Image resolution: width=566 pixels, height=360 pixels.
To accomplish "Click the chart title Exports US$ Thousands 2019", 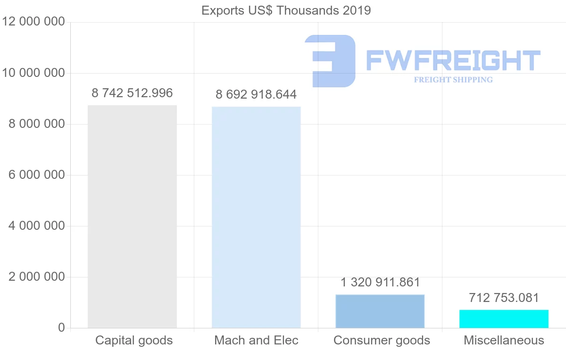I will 286,10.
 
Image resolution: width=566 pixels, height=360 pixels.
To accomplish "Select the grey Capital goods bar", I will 132,217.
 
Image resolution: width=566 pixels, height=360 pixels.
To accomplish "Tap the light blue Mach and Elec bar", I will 256,217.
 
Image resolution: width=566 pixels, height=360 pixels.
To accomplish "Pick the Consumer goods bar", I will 380,311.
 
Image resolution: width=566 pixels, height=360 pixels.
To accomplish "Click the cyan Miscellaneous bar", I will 504,319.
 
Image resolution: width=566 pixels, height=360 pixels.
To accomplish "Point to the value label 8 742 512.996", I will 132,93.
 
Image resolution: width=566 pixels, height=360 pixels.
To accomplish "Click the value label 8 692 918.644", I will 256,95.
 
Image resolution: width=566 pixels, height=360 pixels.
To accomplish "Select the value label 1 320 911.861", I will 380,283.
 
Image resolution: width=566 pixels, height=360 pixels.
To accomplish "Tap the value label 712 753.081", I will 504,298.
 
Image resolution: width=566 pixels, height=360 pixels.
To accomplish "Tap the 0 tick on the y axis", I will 61,328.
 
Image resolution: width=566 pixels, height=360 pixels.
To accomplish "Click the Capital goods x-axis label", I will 134,341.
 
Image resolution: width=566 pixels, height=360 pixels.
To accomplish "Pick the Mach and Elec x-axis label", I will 256,341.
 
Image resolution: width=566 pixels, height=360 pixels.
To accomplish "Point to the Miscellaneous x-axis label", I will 504,341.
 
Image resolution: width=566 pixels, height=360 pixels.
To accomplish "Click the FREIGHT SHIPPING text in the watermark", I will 453,80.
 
